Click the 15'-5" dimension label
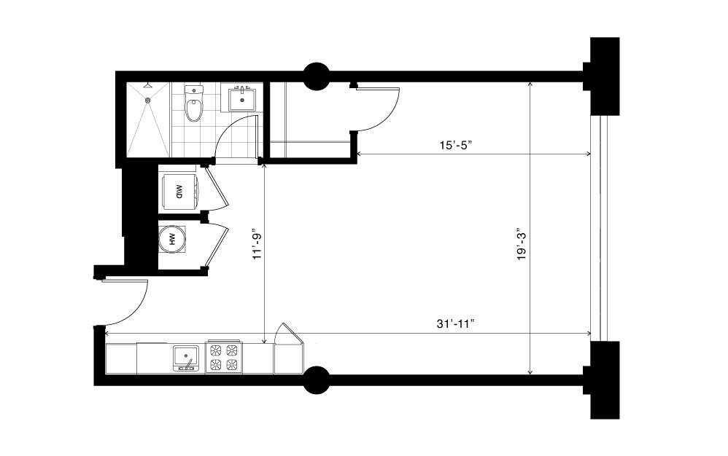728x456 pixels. tap(455, 144)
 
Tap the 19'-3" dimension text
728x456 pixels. tap(522, 243)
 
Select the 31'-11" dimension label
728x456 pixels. tap(455, 324)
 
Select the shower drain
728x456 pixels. tap(149, 100)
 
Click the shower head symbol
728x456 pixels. tap(147, 85)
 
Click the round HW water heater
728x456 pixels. tap(171, 240)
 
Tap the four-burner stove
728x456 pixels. tap(224, 357)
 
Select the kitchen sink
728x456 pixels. tap(186, 358)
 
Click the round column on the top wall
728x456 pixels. tap(317, 76)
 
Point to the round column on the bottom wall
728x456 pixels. tap(317, 380)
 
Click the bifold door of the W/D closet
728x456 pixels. tap(217, 188)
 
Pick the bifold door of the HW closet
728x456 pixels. tap(217, 245)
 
